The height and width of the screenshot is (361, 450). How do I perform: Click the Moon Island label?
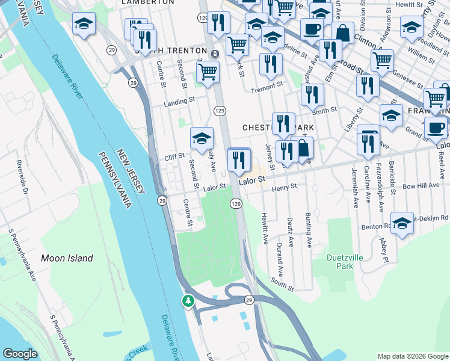coord(67,258)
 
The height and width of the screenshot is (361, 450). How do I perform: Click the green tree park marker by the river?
coord(189,300)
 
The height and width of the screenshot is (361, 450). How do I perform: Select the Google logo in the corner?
coord(20,354)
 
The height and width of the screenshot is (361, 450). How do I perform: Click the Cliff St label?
coord(174,155)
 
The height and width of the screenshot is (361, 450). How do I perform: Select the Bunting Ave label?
coord(309,233)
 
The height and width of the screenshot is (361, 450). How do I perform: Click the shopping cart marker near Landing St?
coord(208,73)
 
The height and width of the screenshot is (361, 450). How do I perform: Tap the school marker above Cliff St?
coord(202,138)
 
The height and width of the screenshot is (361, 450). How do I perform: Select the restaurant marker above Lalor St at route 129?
coord(239,159)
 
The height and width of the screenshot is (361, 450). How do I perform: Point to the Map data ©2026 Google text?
coord(413,356)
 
